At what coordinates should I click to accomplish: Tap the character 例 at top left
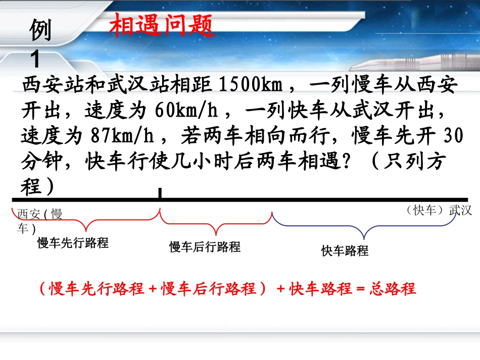point(40,32)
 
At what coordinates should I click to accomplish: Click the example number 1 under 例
point(35,60)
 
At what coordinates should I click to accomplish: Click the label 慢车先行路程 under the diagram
point(73,243)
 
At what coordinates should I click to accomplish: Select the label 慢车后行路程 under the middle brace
point(205,247)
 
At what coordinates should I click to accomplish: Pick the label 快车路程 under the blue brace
point(345,250)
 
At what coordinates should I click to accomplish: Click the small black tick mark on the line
point(160,193)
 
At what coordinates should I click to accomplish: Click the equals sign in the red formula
point(360,289)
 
